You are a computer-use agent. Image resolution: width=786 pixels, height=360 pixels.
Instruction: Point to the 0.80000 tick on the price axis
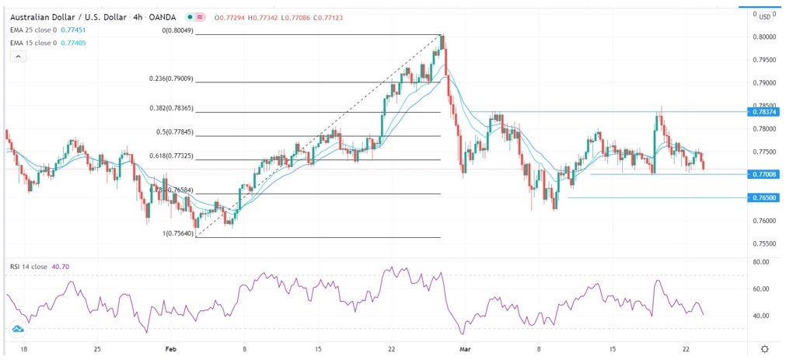[763, 37]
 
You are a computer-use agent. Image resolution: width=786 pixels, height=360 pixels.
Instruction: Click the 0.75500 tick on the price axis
[763, 244]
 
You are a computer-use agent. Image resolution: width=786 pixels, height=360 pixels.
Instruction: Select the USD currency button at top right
[764, 16]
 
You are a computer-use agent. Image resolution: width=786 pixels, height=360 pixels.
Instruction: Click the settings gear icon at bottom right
[765, 350]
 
